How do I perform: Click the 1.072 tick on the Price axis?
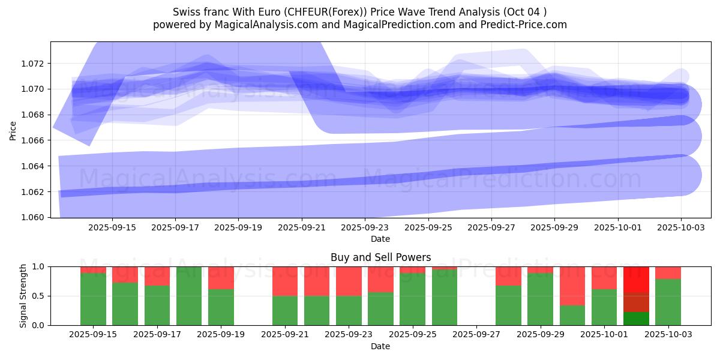(x=34, y=64)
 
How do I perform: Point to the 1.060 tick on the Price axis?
(x=34, y=217)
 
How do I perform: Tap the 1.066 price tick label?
(x=34, y=140)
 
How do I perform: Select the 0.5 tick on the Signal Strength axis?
(x=39, y=296)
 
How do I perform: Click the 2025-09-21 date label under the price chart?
(x=301, y=228)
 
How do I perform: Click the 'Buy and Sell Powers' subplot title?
(x=380, y=257)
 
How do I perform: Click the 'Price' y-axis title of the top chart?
(x=13, y=130)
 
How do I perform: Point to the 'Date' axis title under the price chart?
(x=380, y=239)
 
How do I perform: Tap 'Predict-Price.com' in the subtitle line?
(x=528, y=25)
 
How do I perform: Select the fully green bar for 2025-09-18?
(x=189, y=296)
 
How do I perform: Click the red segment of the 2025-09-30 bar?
(x=572, y=286)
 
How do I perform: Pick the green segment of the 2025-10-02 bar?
(x=636, y=319)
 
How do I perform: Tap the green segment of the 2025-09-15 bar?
(x=93, y=299)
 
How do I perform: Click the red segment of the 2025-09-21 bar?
(x=285, y=281)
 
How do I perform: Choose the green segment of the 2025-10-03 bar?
(x=668, y=302)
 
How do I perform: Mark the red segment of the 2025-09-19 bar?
(x=221, y=278)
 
